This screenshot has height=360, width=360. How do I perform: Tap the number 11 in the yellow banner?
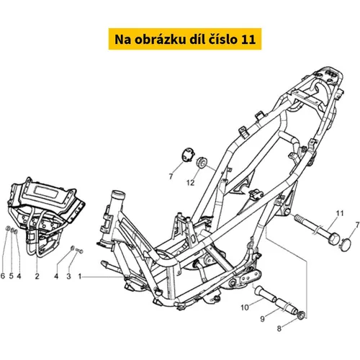(x=248, y=40)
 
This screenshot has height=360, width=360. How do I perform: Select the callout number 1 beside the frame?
(x=80, y=276)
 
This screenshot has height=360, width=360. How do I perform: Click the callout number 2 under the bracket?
(x=37, y=276)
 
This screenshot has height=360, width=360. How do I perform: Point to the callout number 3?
(x=68, y=276)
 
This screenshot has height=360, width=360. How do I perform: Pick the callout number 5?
(x=12, y=276)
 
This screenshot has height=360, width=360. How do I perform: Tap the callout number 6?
(x=3, y=276)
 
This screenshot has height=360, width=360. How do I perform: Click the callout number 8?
(x=279, y=328)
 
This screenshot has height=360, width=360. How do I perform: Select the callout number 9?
(x=262, y=319)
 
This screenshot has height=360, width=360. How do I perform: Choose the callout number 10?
(x=245, y=307)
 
